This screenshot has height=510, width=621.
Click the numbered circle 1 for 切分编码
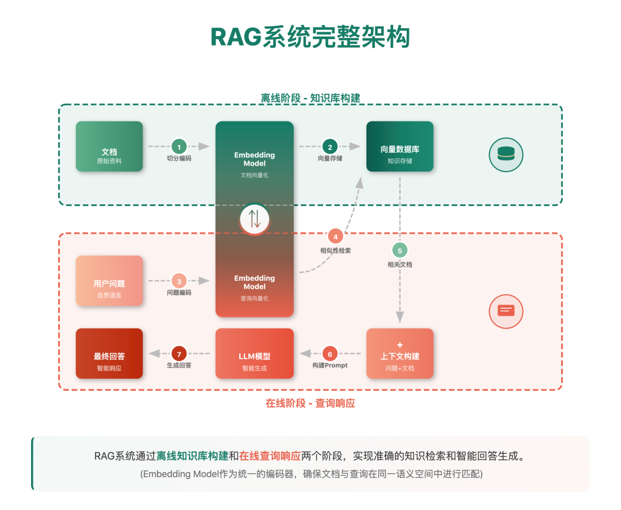[x=179, y=147]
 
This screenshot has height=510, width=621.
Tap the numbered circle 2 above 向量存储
[x=329, y=147]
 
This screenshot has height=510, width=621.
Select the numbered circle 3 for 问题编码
[x=179, y=281]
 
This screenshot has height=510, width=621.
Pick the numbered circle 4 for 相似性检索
[x=335, y=236]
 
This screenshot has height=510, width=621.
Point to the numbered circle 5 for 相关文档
[x=400, y=250]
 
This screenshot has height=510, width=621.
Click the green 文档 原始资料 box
[x=109, y=147]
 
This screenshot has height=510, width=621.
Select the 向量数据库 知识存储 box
[x=400, y=147]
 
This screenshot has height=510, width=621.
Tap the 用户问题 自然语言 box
[x=109, y=281]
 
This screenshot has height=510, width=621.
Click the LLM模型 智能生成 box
[x=255, y=353]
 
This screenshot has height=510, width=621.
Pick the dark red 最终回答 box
[x=109, y=353]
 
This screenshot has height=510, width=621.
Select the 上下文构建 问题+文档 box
[x=400, y=353]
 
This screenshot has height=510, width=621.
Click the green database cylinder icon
[x=506, y=154]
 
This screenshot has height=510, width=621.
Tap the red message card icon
[x=506, y=311]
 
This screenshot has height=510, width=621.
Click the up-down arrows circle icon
[x=255, y=219]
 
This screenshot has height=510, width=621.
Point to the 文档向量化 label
[x=255, y=175]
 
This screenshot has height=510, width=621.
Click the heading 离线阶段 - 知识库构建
[x=310, y=98]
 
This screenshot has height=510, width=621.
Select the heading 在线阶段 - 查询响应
[x=310, y=403]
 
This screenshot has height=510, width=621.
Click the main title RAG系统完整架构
[x=310, y=37]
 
